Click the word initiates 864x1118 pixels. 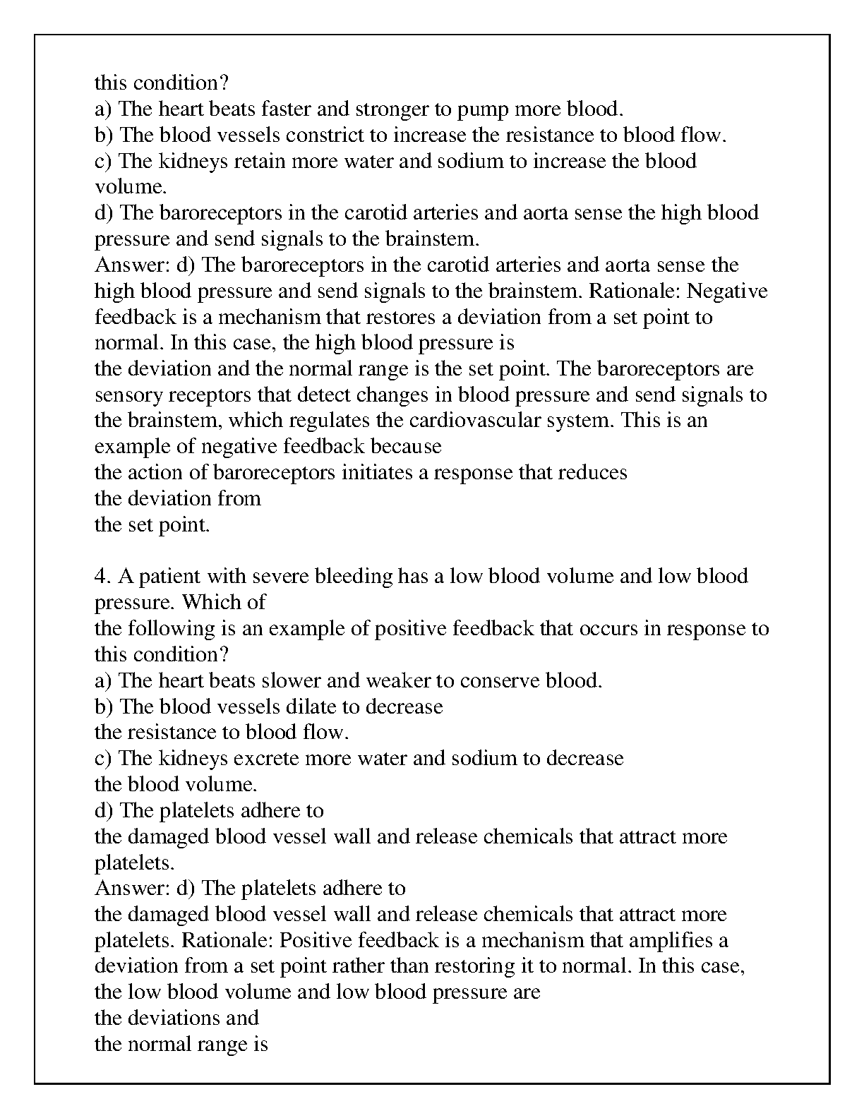(x=378, y=472)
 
